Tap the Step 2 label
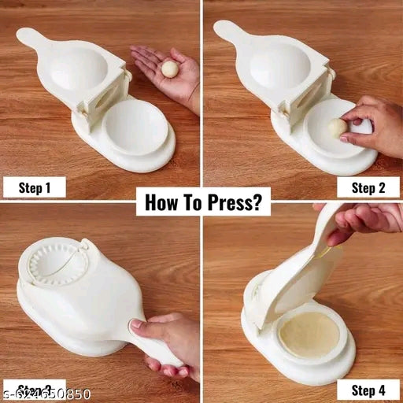click(x=368, y=187)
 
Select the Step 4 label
click(x=368, y=389)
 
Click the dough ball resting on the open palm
click(x=169, y=70)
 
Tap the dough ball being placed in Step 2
click(x=338, y=128)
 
